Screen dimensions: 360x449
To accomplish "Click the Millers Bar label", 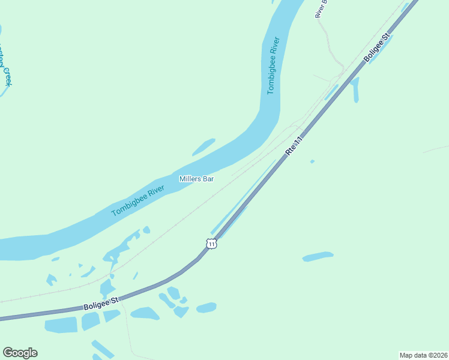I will pyautogui.click(x=196, y=179).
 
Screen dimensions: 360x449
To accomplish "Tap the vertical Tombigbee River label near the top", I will pyautogui.click(x=273, y=66).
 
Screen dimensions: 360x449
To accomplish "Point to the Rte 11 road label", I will pyautogui.click(x=293, y=145).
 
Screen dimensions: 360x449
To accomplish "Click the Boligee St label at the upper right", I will pyautogui.click(x=377, y=47).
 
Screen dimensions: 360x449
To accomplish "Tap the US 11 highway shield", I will pyautogui.click(x=211, y=243).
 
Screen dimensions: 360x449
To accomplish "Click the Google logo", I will pyautogui.click(x=20, y=353).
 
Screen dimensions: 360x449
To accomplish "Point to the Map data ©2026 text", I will pyautogui.click(x=423, y=355).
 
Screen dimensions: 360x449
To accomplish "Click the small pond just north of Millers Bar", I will pyautogui.click(x=203, y=147).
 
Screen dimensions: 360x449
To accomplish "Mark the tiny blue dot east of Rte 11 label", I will pyautogui.click(x=312, y=161).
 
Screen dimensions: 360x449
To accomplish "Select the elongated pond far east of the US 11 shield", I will pyautogui.click(x=318, y=256).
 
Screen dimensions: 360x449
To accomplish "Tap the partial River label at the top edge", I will pyautogui.click(x=321, y=9).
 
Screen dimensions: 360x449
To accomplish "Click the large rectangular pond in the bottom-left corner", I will pyautogui.click(x=61, y=325).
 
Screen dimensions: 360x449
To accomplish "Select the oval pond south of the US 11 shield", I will pyautogui.click(x=206, y=308).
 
